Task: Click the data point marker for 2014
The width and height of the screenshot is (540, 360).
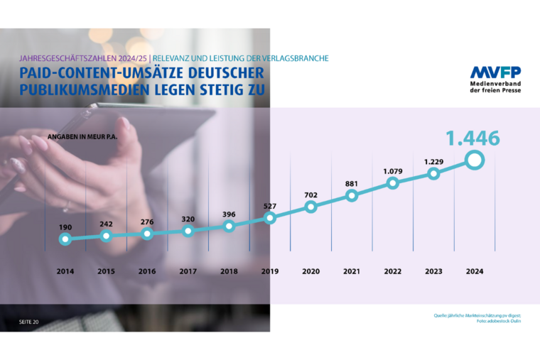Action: [65, 239]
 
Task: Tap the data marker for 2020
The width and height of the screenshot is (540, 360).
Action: [310, 207]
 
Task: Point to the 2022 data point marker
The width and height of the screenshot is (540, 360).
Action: [392, 183]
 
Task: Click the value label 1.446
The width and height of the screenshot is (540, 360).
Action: [472, 138]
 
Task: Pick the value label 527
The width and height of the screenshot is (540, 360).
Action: [269, 206]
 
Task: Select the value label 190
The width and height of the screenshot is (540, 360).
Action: [65, 227]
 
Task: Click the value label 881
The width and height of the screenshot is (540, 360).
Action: [351, 183]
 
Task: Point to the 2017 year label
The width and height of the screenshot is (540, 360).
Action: [188, 271]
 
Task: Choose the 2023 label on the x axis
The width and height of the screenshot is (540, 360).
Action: [433, 271]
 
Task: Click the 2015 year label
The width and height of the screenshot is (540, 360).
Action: [106, 271]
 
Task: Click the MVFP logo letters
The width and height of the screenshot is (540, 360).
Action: [495, 72]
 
